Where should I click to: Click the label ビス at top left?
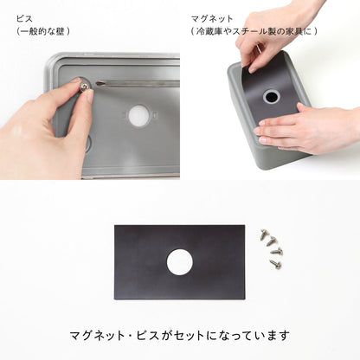point(25,16)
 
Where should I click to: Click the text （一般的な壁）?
point(43,31)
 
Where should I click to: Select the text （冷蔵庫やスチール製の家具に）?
point(254,31)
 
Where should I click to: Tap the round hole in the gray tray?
point(138,113)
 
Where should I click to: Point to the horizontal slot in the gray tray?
point(138,83)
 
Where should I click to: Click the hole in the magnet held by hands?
point(271,96)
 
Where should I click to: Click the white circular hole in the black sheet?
point(180,261)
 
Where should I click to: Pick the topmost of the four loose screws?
point(263,233)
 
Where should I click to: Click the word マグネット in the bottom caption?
point(97,335)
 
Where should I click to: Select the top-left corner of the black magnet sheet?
point(116,228)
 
